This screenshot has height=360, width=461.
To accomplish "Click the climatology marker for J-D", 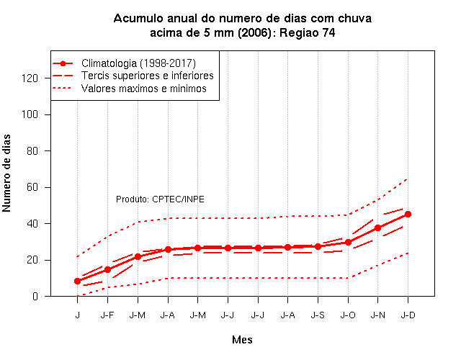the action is [x=408, y=215].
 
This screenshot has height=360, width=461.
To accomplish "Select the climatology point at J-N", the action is [x=377, y=228].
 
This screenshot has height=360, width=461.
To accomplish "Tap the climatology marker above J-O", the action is [x=348, y=242].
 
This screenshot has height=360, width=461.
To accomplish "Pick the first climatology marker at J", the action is [x=77, y=281].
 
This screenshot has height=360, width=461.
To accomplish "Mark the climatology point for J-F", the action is [x=107, y=269].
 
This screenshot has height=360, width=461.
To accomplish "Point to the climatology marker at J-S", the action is [x=318, y=246].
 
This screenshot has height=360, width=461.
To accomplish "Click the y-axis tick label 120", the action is [x=30, y=78].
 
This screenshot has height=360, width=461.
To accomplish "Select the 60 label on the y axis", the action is [x=32, y=187].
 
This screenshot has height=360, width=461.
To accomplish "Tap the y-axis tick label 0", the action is [x=35, y=296].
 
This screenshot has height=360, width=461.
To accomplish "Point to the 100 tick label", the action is [x=30, y=114].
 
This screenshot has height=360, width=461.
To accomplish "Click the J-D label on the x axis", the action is [x=408, y=315].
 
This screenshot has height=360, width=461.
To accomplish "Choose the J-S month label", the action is [x=318, y=315].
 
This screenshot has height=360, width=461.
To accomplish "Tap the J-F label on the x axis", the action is [x=107, y=315].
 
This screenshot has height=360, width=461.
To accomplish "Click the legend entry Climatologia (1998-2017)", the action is [x=138, y=63].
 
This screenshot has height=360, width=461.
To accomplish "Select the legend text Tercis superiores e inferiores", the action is [x=147, y=76].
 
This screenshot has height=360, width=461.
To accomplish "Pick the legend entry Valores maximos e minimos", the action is [x=144, y=89].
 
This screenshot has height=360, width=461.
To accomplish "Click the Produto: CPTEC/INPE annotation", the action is [x=160, y=199].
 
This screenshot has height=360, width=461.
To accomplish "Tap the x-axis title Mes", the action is [x=242, y=340].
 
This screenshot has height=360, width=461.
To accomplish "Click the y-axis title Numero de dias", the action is [x=6, y=173].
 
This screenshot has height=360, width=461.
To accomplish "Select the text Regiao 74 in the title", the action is [x=308, y=32].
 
